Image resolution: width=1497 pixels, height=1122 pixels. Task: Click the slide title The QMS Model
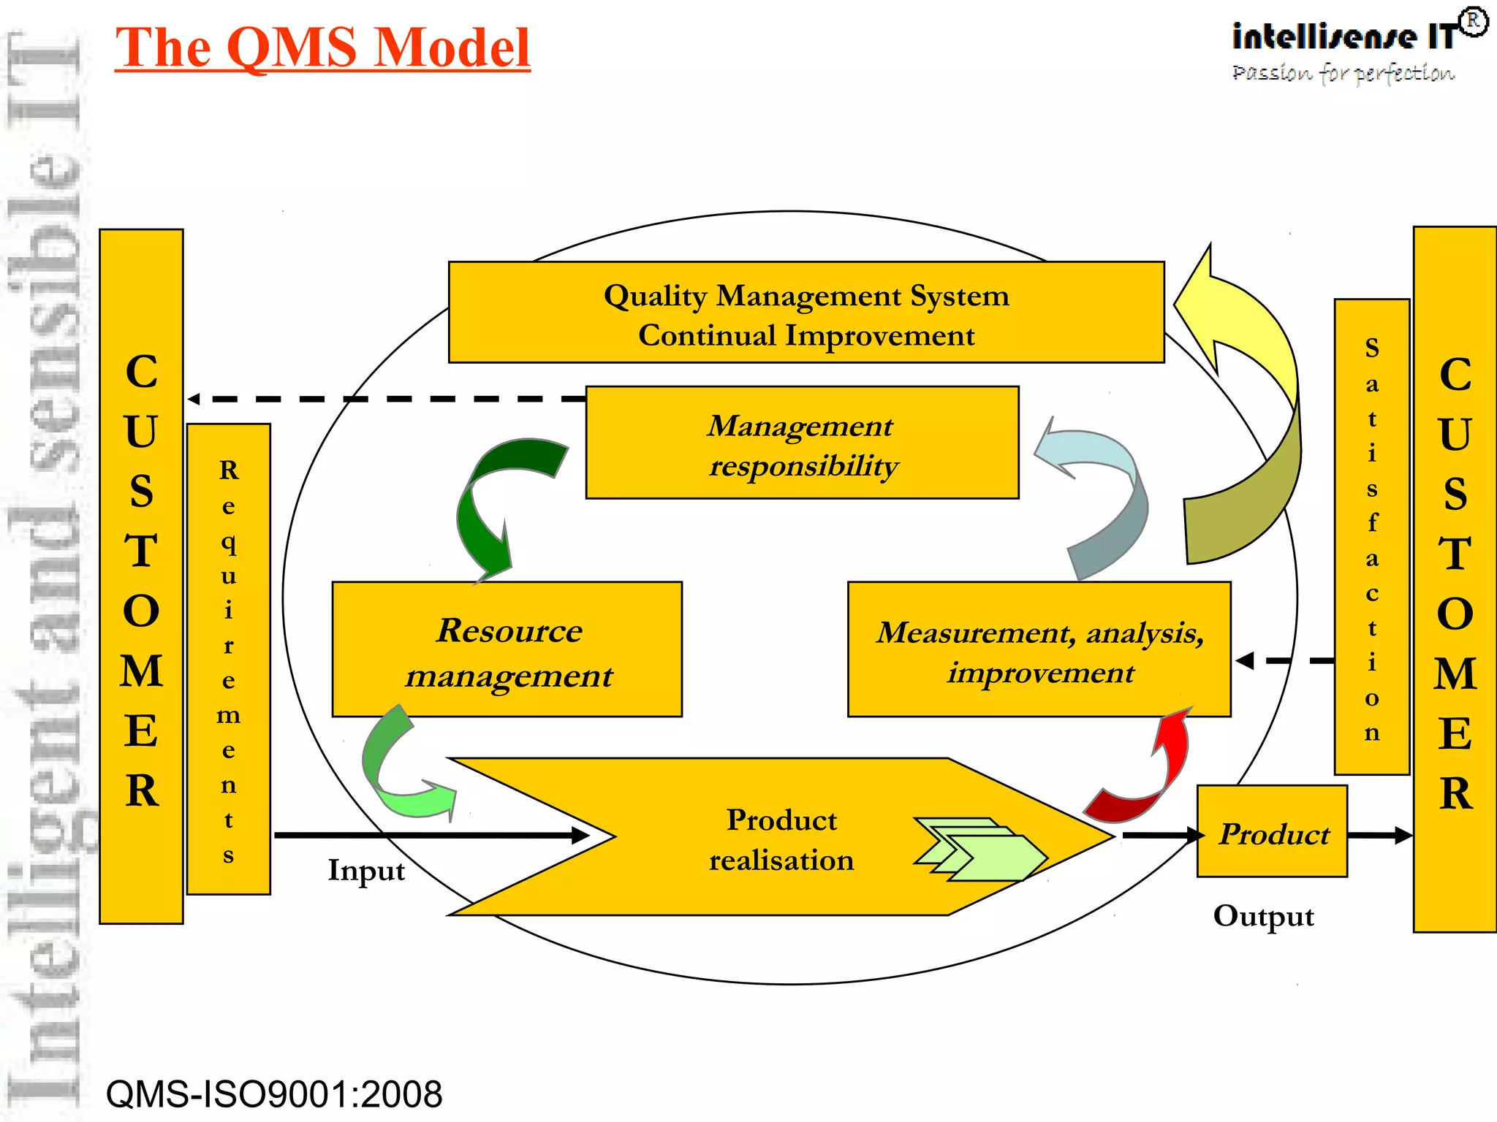tap(322, 47)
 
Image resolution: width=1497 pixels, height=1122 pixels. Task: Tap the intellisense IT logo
tap(1345, 37)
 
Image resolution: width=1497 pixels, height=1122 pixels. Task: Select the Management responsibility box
tap(802, 443)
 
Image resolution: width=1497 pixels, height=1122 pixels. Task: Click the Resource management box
tap(507, 649)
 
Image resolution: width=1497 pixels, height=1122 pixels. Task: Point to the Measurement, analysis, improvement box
tap(1039, 649)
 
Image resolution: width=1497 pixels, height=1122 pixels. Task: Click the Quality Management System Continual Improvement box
tap(806, 313)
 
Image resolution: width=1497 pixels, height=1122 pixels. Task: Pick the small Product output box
tap(1272, 832)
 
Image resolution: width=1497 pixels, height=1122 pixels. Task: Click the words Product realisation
tap(781, 839)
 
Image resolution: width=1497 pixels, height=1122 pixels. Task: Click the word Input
tap(365, 871)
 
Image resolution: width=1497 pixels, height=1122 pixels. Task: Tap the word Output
tap(1263, 916)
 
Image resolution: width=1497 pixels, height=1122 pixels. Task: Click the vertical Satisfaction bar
tap(1371, 537)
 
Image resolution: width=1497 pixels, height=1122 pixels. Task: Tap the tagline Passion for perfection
tap(1343, 73)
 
